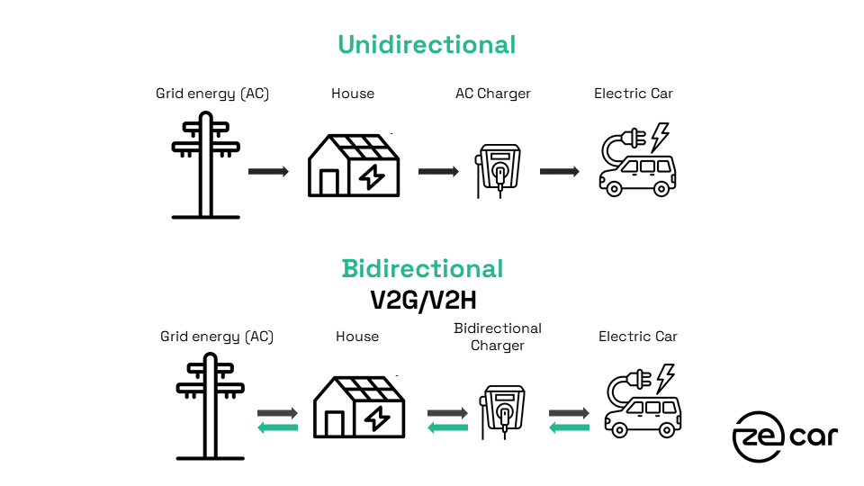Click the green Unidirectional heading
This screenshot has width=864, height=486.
(x=427, y=45)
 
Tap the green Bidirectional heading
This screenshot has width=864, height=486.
(x=423, y=269)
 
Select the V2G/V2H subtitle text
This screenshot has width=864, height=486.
(x=423, y=301)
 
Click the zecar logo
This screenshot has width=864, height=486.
(x=785, y=436)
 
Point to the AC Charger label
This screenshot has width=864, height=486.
(x=493, y=94)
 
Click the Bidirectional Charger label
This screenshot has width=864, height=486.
(x=498, y=337)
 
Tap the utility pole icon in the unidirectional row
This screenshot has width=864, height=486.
(x=205, y=166)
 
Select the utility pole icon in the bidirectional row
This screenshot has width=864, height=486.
(x=210, y=407)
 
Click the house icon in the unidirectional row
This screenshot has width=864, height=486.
(x=354, y=166)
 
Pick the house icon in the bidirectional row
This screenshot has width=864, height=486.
(x=359, y=407)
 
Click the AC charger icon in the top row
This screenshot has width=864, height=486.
(x=498, y=171)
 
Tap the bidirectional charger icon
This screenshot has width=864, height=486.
(x=502, y=412)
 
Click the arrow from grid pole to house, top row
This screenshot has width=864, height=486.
(x=268, y=171)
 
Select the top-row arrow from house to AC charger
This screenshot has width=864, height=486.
(x=438, y=171)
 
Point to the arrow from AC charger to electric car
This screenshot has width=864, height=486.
(x=560, y=171)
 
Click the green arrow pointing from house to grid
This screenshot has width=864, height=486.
(x=278, y=427)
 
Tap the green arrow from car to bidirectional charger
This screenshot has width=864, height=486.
(x=569, y=427)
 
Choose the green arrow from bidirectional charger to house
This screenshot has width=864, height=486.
(x=447, y=427)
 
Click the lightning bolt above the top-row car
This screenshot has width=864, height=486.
(x=660, y=137)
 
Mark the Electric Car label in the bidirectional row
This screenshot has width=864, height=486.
(x=638, y=337)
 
